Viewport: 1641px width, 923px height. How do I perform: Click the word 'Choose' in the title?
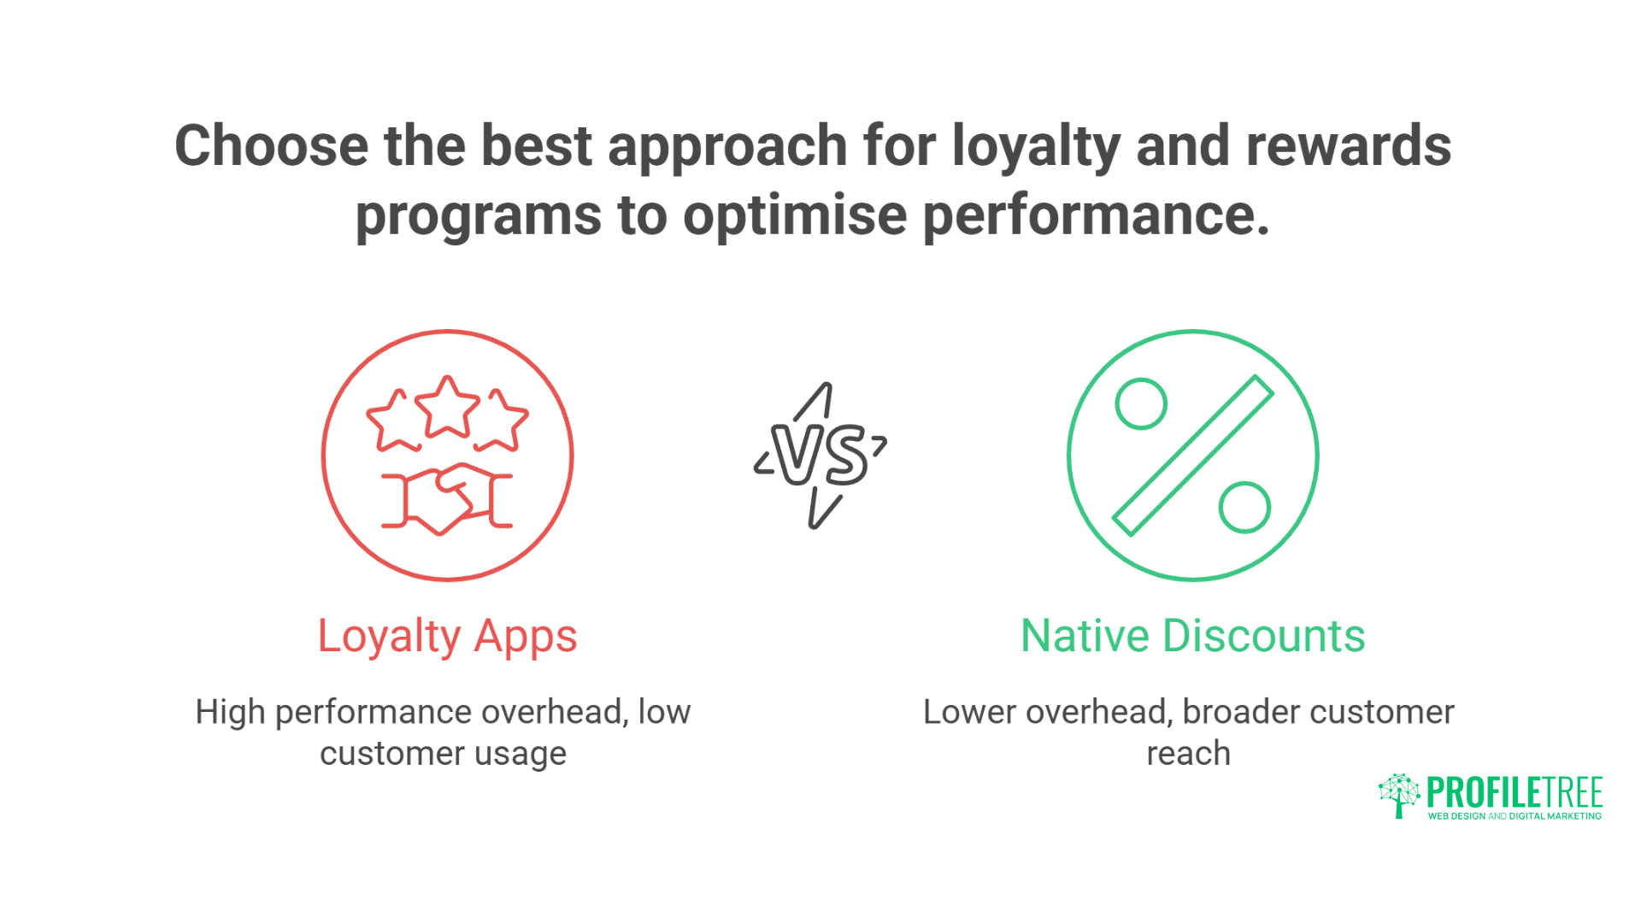271,145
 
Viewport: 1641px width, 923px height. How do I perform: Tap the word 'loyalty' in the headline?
1035,145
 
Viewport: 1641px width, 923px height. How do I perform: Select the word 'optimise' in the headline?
794,215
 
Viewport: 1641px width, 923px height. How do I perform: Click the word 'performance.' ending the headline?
1097,215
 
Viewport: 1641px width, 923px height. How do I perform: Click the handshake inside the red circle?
447,499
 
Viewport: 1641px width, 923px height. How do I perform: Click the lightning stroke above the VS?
815,402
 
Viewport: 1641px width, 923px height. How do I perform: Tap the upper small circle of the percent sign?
1141,403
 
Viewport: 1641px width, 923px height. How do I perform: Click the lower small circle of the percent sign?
1244,508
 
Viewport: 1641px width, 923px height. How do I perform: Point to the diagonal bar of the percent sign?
1193,456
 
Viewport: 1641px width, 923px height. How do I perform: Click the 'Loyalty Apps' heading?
447,637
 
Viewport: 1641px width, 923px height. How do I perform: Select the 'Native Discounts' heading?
1193,637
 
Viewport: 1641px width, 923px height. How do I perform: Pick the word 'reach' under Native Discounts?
1188,754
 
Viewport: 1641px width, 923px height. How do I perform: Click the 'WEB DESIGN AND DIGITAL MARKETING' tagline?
1515,816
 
